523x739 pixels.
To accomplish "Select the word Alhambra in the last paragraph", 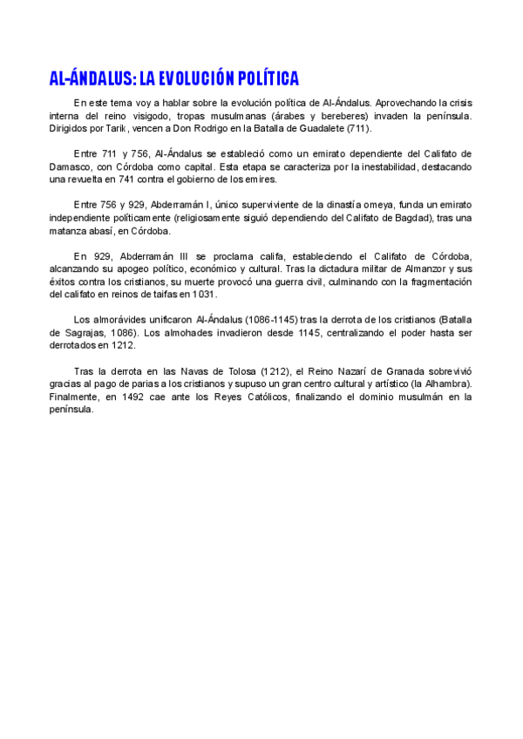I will click(x=443, y=384).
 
